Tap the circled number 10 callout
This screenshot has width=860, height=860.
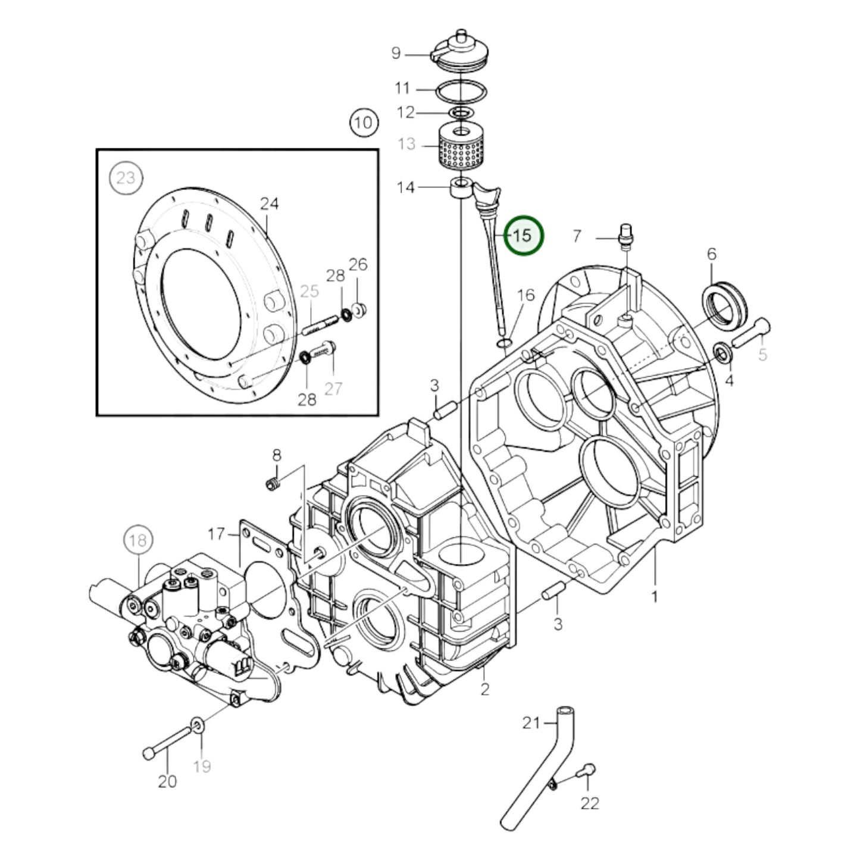pos(363,123)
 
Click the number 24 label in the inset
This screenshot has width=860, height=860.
pos(269,204)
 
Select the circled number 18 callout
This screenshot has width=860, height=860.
pos(137,540)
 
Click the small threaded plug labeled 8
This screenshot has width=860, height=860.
pos(274,485)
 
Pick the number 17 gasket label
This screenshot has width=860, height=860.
pos(217,534)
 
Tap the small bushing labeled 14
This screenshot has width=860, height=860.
pos(461,189)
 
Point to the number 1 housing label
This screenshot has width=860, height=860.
pos(654,596)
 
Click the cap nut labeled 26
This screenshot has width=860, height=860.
pos(358,309)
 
